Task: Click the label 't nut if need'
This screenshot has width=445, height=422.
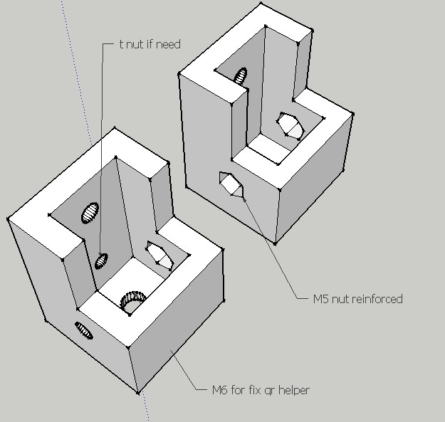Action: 150,45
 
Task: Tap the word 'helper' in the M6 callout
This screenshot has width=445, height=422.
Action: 294,390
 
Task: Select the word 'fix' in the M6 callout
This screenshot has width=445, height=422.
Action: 255,390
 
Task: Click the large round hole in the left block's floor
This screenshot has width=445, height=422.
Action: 132,301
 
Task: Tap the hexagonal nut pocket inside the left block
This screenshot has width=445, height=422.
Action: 159,255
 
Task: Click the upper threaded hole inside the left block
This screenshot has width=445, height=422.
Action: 90,212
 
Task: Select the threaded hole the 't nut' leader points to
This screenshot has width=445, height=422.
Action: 101,261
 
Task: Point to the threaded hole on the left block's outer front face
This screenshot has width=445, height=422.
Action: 84,330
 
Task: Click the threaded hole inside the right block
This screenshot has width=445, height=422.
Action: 241,76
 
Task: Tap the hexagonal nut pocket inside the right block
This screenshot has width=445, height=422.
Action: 290,126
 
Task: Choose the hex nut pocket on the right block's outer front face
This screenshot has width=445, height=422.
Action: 231,184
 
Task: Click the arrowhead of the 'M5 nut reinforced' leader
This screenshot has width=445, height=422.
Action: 245,200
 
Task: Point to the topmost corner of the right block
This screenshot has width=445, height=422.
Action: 261,3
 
